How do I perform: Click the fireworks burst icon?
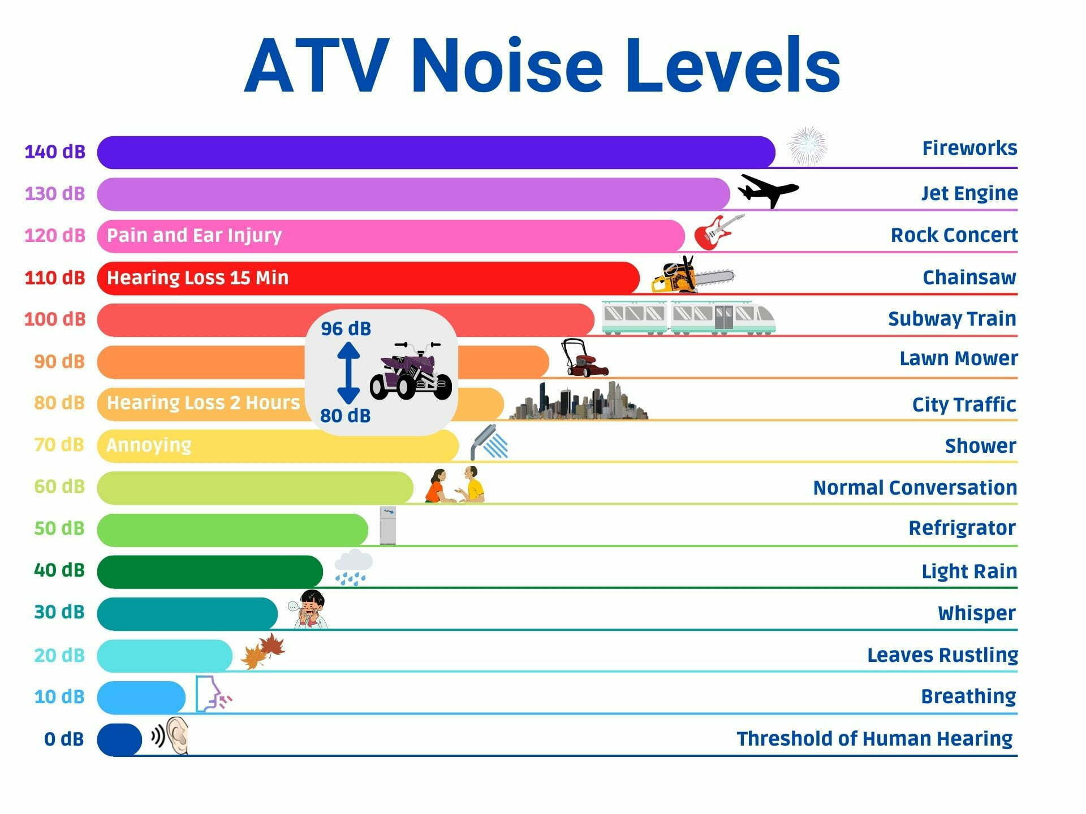click(808, 146)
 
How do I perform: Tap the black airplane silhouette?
click(768, 190)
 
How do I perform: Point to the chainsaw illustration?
click(693, 275)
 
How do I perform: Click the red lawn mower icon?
click(584, 358)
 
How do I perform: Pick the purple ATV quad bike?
click(411, 370)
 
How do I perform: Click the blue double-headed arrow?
click(348, 373)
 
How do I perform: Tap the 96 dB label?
click(346, 328)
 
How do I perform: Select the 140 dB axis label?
click(55, 151)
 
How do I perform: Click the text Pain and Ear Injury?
click(194, 235)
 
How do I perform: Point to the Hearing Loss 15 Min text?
click(197, 278)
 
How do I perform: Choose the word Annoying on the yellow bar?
click(149, 445)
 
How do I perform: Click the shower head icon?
click(489, 442)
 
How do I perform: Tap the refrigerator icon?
click(388, 526)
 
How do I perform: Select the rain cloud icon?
click(354, 567)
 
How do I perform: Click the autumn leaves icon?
click(263, 651)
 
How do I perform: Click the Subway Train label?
click(952, 319)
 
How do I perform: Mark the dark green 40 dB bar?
click(210, 571)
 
